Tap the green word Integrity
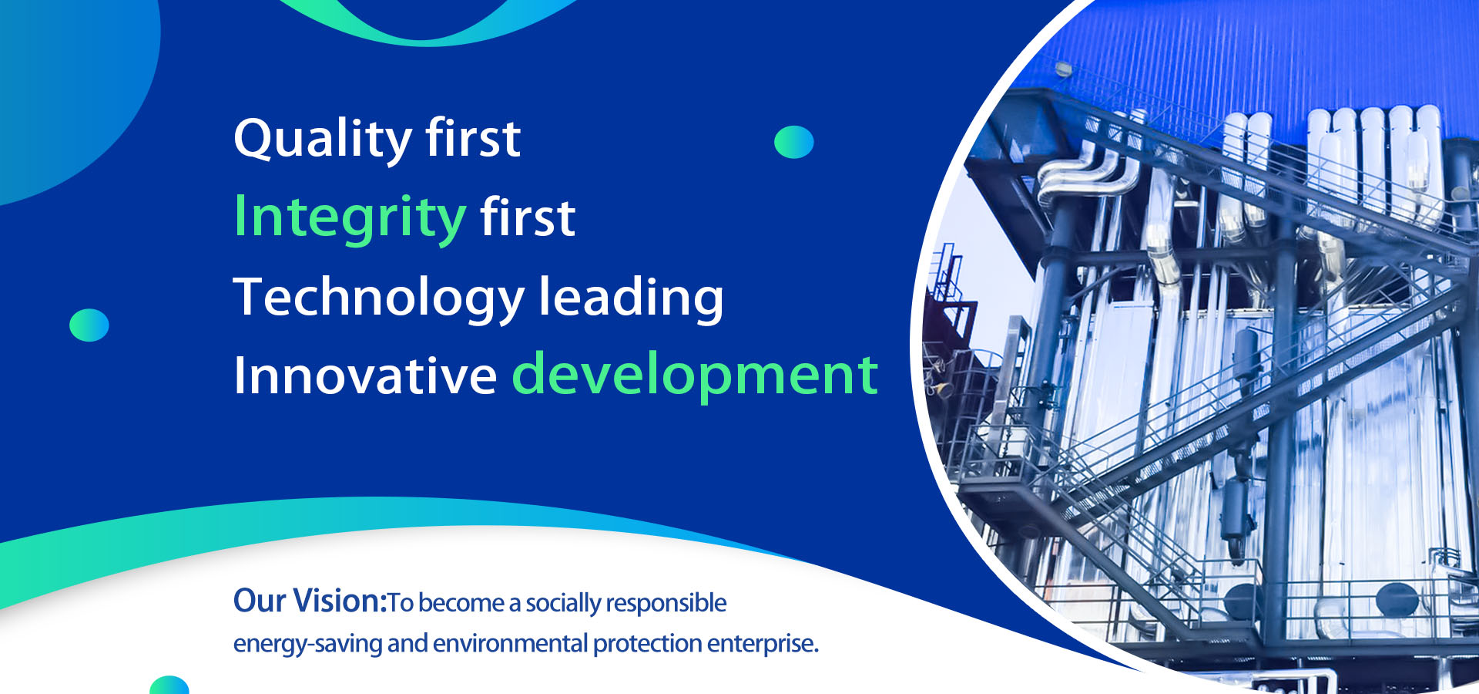[350, 218]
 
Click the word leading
[631, 298]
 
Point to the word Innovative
[365, 376]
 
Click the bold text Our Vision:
[310, 601]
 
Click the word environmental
[510, 643]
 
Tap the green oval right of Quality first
[793, 142]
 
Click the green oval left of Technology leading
[89, 325]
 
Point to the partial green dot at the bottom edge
[169, 686]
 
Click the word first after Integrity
[528, 218]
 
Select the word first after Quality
[473, 140]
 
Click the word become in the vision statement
[461, 603]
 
